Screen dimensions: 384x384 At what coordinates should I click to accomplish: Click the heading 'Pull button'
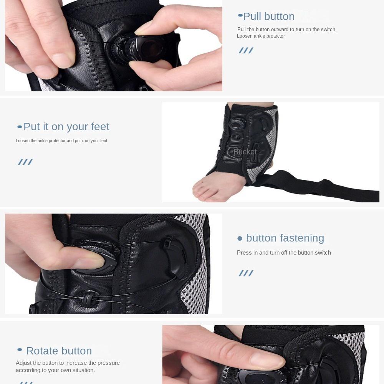269,17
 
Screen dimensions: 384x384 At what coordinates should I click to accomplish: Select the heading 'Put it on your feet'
66,127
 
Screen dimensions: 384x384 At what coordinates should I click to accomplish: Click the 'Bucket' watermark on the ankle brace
245,152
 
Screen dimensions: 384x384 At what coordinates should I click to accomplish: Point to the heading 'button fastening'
285,238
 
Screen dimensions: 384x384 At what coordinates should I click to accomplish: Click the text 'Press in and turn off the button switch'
284,253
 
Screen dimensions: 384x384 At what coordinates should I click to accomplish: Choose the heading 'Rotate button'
59,351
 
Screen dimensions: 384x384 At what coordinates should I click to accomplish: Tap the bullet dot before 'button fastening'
240,238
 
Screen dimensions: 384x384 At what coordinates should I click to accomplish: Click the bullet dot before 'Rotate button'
20,350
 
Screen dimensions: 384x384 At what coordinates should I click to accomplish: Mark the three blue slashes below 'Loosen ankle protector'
246,51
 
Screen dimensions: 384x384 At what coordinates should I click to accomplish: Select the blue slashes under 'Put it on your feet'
25,162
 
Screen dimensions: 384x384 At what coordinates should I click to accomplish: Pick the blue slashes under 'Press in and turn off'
246,273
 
